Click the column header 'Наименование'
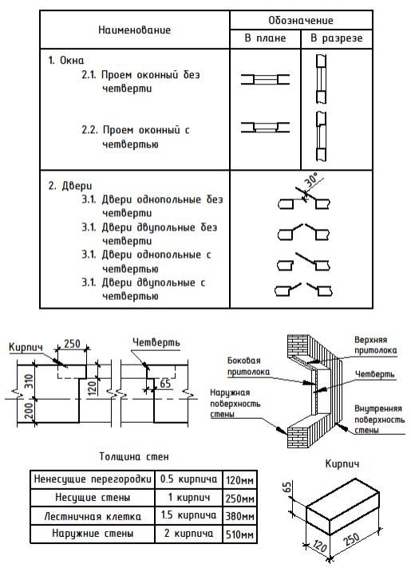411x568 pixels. [x=134, y=30]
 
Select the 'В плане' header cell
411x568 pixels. [x=265, y=38]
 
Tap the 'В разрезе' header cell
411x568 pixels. [x=336, y=38]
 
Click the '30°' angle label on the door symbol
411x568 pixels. [x=312, y=179]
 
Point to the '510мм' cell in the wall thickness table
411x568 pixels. [x=239, y=534]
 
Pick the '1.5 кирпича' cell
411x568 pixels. [x=188, y=515]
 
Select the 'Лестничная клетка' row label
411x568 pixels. [x=93, y=516]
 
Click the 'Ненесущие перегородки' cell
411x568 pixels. [x=93, y=479]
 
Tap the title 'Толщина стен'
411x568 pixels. [x=134, y=456]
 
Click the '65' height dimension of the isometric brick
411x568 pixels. [x=287, y=487]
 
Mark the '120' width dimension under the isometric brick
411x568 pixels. [x=319, y=546]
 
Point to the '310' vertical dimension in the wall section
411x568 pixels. [x=29, y=381]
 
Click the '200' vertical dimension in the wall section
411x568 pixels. [x=29, y=411]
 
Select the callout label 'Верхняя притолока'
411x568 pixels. [x=375, y=345]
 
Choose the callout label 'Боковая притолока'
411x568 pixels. [x=249, y=366]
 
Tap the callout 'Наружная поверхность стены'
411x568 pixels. [x=235, y=403]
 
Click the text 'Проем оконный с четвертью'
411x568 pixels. [x=136, y=137]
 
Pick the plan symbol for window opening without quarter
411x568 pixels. [x=265, y=79]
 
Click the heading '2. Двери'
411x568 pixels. [x=70, y=186]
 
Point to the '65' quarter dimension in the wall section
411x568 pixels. [x=165, y=383]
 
